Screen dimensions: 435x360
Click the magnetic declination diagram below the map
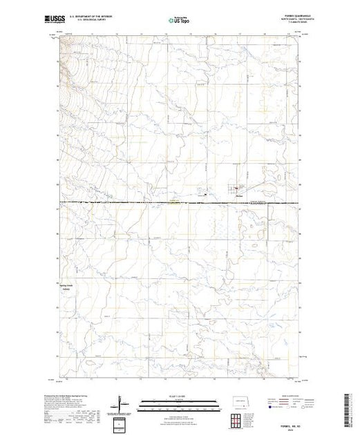122,402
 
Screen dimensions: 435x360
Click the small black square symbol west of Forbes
207,195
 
